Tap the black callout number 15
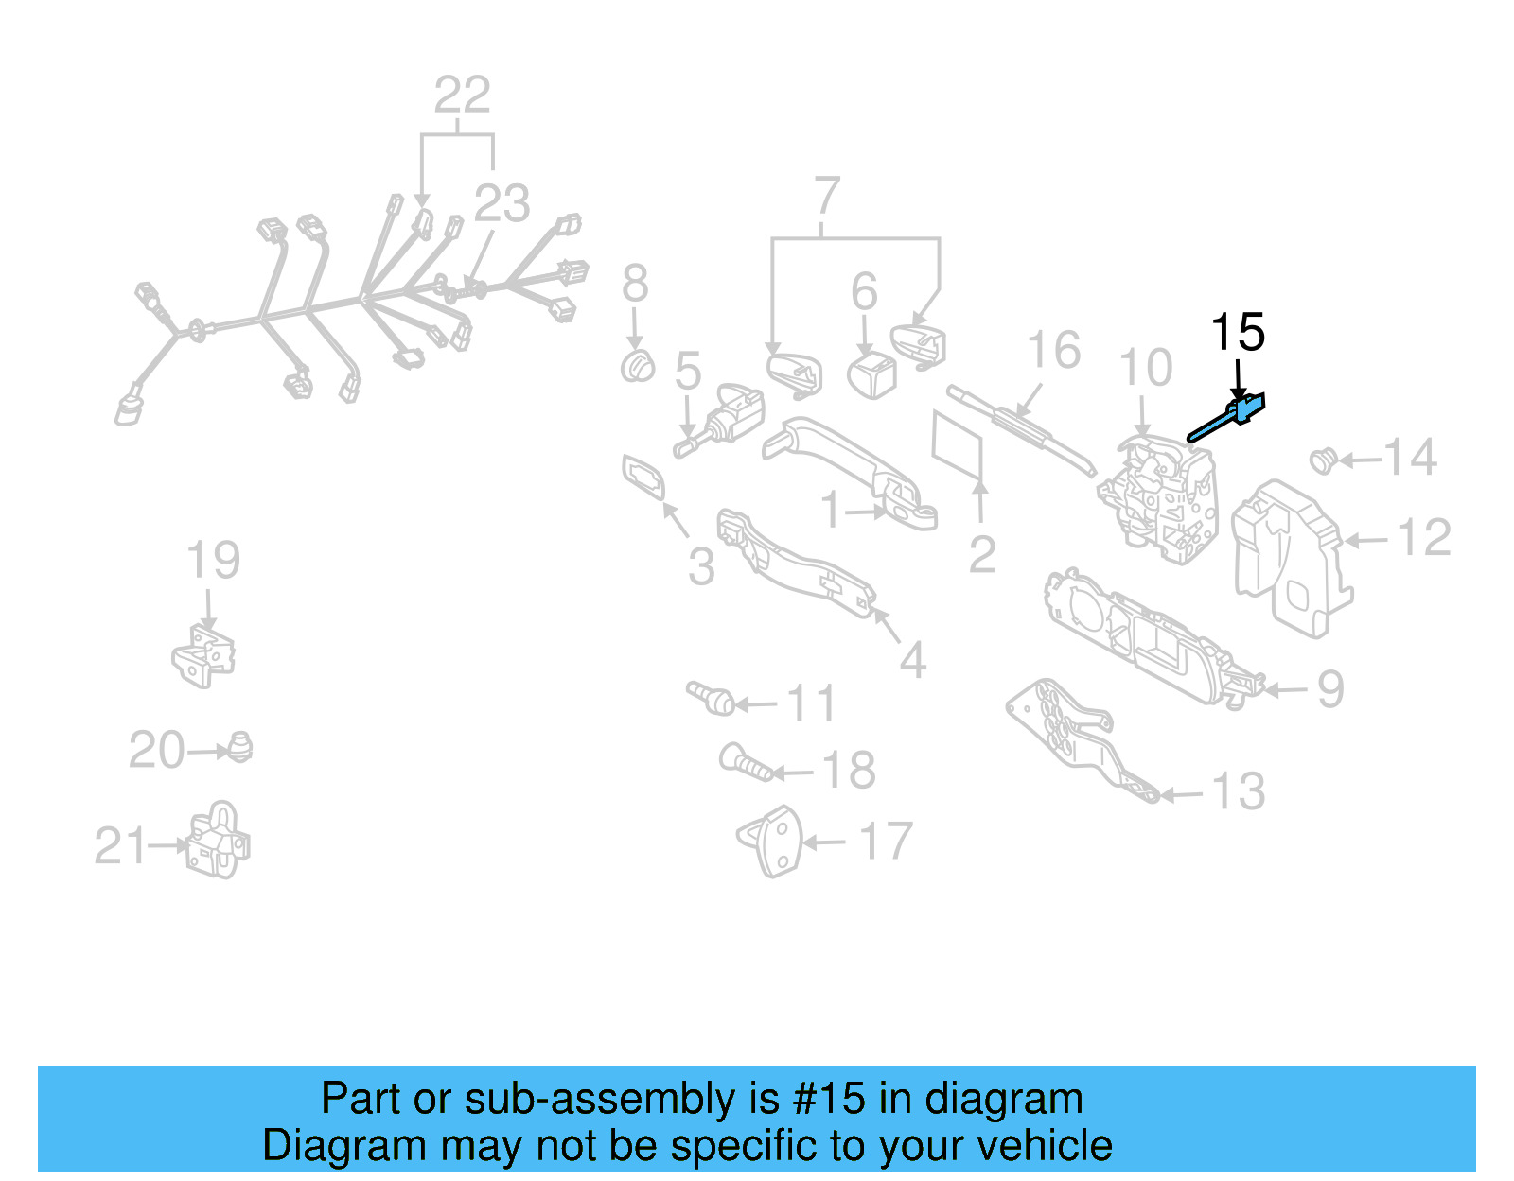tap(1238, 333)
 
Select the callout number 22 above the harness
tap(462, 96)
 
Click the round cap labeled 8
tap(638, 366)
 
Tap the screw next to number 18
tap(747, 762)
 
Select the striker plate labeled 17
tap(772, 841)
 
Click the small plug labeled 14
tap(1322, 460)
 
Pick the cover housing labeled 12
tap(1291, 558)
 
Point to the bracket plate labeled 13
tap(1079, 738)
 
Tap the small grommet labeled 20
tap(240, 748)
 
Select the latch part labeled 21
tap(219, 842)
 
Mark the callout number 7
tap(827, 196)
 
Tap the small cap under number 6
tap(872, 373)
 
